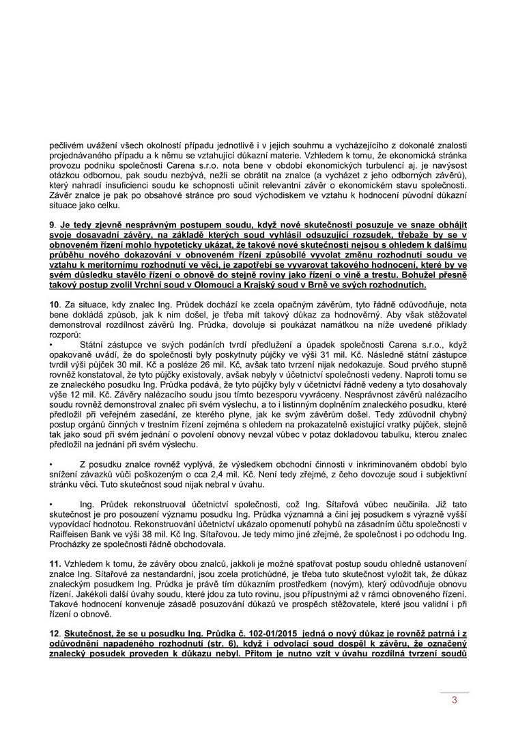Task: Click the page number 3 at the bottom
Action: pos(453,701)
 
